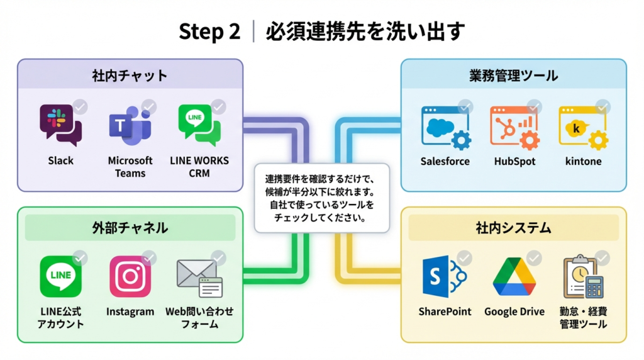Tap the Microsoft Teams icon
[x=130, y=126]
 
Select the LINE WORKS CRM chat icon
[x=199, y=125]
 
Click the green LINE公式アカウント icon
[x=60, y=276]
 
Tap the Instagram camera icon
[x=130, y=276]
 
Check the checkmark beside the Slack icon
[x=80, y=107]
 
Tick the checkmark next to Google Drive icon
[x=533, y=258]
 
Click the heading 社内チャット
[x=130, y=76]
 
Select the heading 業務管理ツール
[x=513, y=76]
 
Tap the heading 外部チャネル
[x=130, y=227]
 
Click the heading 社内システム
[x=513, y=227]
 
